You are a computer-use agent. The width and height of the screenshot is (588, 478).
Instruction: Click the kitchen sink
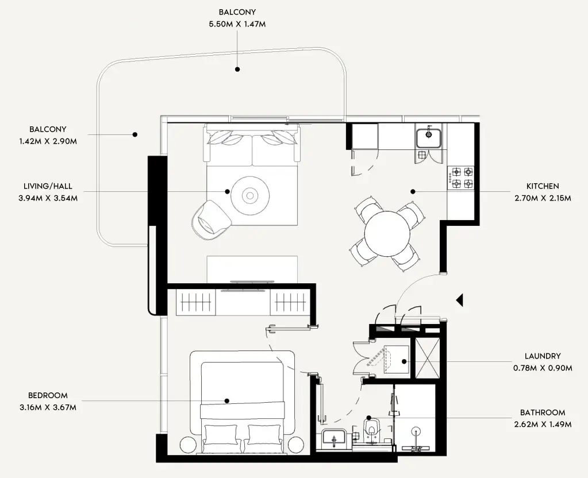tap(428, 137)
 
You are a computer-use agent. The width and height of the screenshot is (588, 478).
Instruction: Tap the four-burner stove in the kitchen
tap(462, 178)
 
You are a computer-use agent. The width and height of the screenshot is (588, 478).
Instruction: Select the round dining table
tap(387, 234)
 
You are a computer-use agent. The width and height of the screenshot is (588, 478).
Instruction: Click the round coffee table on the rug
tap(250, 196)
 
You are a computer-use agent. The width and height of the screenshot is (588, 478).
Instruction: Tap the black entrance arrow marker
tap(459, 299)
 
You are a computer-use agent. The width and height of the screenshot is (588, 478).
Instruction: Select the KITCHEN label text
tap(543, 186)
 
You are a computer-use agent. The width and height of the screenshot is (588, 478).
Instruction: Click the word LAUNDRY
tap(542, 356)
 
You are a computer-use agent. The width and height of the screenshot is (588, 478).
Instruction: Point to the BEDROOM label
tap(48, 395)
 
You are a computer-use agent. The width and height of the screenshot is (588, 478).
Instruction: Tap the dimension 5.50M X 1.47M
tap(237, 24)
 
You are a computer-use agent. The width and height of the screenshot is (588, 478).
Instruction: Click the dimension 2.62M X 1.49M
tap(542, 425)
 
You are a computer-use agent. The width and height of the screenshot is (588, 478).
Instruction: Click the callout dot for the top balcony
tap(237, 69)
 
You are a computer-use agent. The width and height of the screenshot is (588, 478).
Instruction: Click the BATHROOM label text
tap(542, 413)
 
